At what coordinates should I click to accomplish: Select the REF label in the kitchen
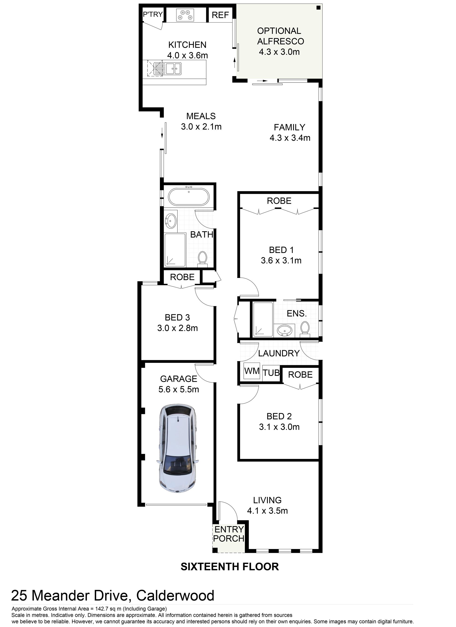[220, 15]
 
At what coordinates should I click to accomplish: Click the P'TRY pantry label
[153, 14]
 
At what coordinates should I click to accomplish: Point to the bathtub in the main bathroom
[189, 197]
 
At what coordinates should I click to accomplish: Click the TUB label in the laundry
[271, 373]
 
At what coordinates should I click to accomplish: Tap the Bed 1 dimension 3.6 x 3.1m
[281, 260]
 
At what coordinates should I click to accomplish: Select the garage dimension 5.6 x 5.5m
[179, 389]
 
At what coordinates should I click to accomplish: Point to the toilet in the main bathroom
[203, 259]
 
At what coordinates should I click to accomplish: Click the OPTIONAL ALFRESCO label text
[280, 36]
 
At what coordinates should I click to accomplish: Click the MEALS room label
[201, 116]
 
